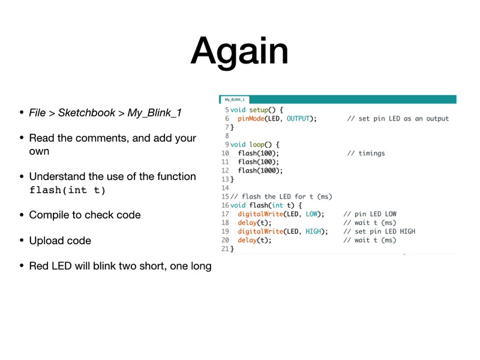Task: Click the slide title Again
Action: click(x=239, y=51)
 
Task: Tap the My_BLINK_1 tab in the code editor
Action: click(x=234, y=100)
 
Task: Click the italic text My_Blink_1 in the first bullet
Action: click(x=154, y=113)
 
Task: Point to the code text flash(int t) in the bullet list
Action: click(x=67, y=191)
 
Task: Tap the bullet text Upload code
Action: click(x=60, y=241)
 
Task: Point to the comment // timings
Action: click(x=366, y=154)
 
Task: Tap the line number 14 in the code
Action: click(x=226, y=188)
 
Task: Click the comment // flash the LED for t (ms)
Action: click(x=281, y=197)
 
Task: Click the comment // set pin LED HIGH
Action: click(x=379, y=232)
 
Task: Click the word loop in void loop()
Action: click(x=257, y=145)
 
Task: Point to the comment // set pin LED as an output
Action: click(x=398, y=119)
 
